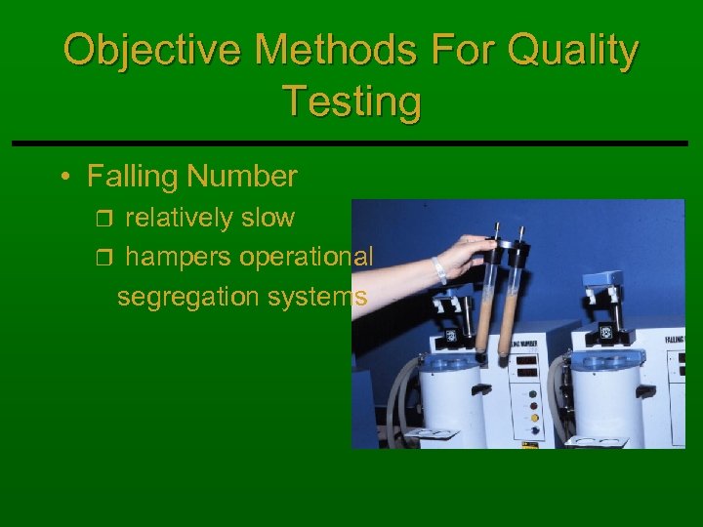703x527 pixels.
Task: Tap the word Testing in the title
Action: coord(351,101)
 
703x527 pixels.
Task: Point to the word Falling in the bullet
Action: coord(133,177)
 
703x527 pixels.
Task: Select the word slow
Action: coord(266,218)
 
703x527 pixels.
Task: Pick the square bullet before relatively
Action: coord(108,219)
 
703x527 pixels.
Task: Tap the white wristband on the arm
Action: coord(439,270)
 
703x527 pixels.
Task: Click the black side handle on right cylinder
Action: coord(645,390)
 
